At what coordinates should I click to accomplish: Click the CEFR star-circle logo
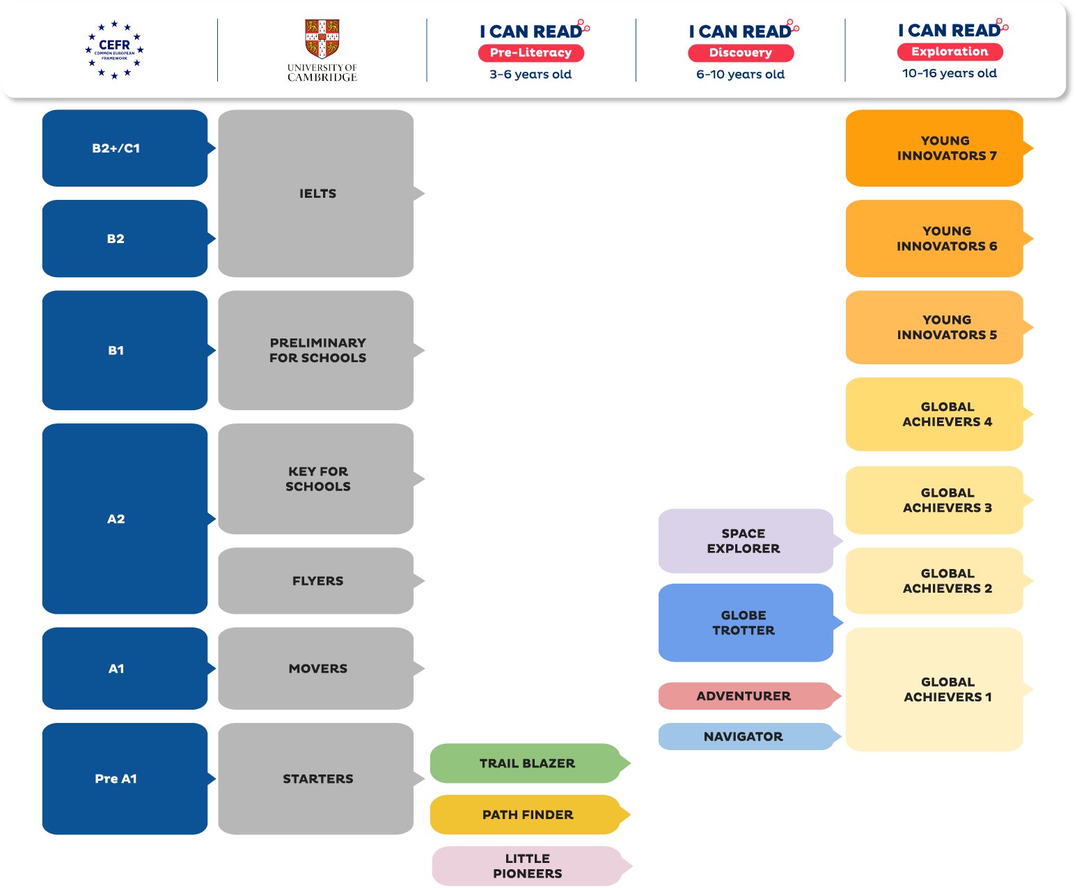[114, 50]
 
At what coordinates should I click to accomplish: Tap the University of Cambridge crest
[322, 38]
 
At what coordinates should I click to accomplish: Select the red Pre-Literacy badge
[530, 53]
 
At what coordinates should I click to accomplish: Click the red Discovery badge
[740, 53]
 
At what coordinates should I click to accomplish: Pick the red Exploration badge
[950, 52]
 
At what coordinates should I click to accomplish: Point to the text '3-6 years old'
[530, 75]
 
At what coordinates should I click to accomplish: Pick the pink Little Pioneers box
[527, 866]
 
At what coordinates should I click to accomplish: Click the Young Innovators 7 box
[934, 148]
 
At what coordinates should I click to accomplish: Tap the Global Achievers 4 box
[934, 414]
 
